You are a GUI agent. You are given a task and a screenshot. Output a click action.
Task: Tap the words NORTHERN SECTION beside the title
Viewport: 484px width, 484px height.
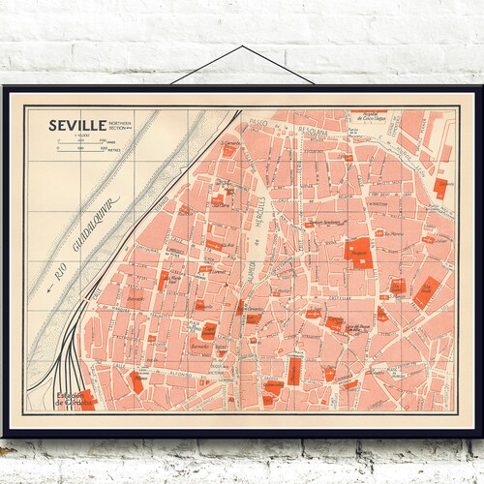[121, 126]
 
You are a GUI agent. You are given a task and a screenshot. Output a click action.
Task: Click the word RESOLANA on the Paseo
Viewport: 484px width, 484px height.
[316, 126]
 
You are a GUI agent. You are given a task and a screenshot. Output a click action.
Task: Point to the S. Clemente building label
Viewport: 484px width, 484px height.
[229, 144]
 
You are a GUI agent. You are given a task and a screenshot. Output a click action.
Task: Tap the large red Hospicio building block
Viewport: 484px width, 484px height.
[357, 250]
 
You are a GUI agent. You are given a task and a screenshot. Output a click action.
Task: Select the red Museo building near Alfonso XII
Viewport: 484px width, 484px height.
[136, 381]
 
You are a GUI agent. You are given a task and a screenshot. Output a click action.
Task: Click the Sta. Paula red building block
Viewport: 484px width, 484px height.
[427, 288]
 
